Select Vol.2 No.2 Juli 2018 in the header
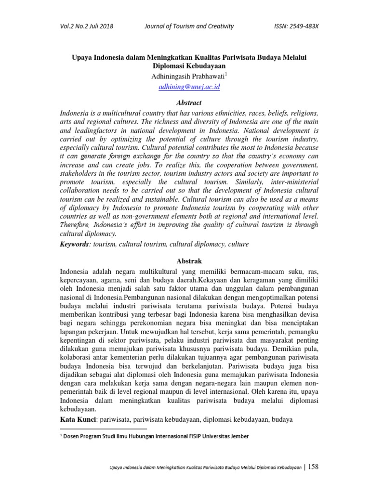86,26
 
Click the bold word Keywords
75,244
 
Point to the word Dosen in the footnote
74,437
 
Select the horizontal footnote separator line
103,428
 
